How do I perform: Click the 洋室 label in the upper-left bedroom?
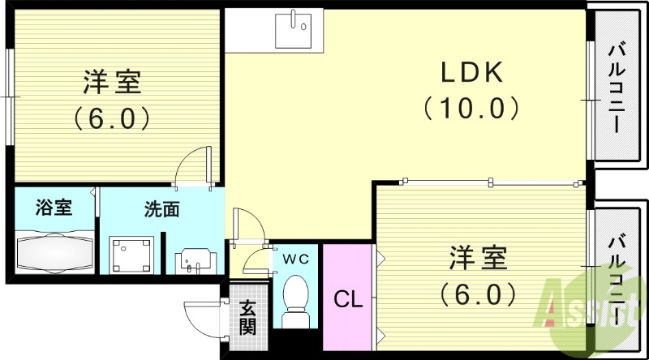tap(112, 84)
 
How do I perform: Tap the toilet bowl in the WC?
tap(296, 300)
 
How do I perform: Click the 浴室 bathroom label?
tap(54, 208)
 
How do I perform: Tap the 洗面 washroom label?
tap(161, 209)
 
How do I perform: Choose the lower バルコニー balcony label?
tap(616, 276)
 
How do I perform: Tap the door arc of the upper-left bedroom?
tap(193, 166)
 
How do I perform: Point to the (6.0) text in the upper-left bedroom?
tap(112, 119)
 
